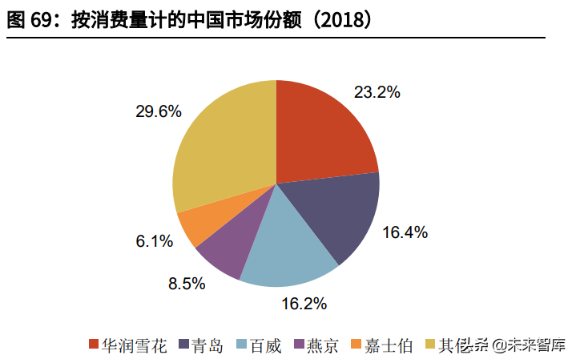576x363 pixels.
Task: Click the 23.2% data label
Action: coord(377,92)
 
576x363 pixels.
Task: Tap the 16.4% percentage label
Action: coord(405,233)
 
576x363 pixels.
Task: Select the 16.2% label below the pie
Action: coord(304,304)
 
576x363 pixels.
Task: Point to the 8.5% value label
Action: coord(183,283)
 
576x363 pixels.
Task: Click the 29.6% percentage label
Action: coord(159,112)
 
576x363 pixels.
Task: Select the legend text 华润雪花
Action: coord(135,346)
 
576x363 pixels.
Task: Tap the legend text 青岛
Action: coord(211,346)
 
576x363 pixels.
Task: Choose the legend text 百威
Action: coord(264,346)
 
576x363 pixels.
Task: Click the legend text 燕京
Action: coord(322,346)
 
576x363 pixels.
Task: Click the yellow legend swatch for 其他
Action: coord(430,345)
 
